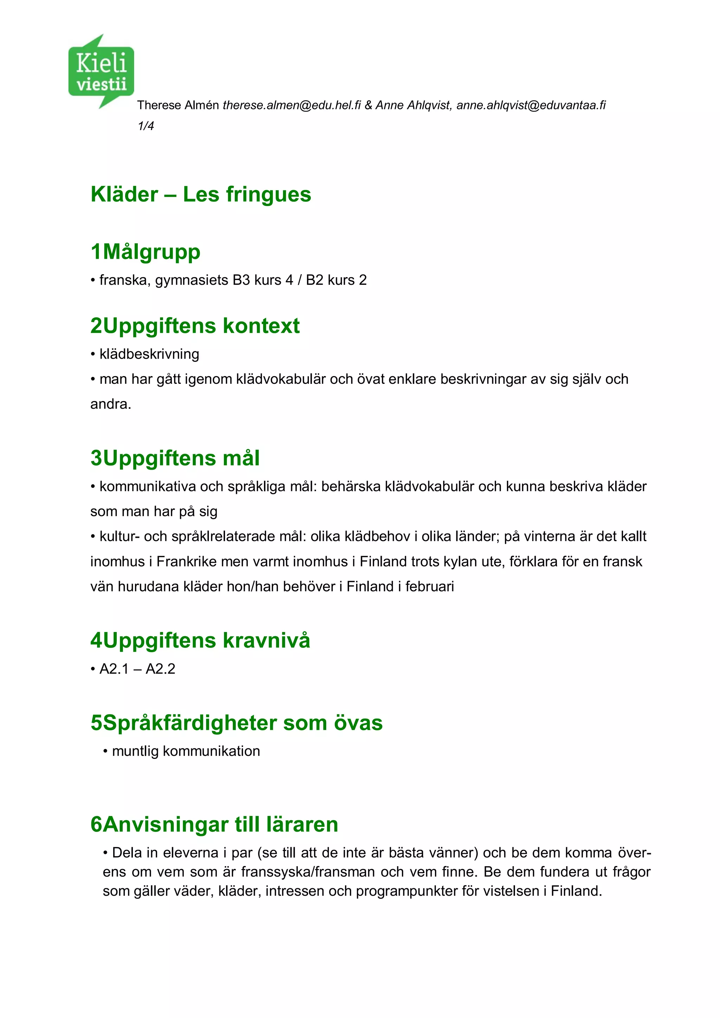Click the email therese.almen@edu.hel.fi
(x=292, y=105)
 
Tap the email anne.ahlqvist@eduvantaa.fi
(x=531, y=105)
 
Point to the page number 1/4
(x=146, y=126)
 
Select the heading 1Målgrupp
(x=146, y=252)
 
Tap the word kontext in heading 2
(x=261, y=326)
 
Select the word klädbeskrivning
(x=149, y=354)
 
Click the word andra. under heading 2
(x=111, y=404)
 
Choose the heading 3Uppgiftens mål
(x=175, y=458)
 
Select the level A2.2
(x=161, y=669)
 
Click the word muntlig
(x=135, y=751)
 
